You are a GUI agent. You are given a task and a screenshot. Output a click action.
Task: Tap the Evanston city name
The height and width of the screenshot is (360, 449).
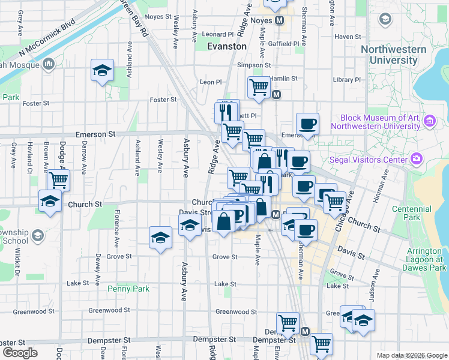click(x=226, y=46)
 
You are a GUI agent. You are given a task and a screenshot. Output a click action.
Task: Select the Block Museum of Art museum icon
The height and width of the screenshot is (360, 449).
click(x=429, y=122)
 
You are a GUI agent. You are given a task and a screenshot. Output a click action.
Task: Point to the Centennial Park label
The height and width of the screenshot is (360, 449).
click(x=407, y=213)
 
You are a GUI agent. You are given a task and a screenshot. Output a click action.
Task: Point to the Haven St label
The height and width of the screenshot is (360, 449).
click(x=348, y=37)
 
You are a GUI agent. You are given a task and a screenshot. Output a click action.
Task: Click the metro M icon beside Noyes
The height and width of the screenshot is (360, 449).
click(x=280, y=20)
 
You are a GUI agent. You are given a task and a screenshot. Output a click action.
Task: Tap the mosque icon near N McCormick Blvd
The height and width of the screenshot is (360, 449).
click(x=49, y=64)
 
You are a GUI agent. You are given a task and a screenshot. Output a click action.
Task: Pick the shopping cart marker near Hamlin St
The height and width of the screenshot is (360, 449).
click(x=259, y=87)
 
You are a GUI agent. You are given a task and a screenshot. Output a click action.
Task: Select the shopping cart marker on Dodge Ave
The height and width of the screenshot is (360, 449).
click(x=58, y=179)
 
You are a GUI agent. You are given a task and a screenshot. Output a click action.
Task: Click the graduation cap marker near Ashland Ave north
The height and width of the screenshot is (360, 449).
click(x=103, y=70)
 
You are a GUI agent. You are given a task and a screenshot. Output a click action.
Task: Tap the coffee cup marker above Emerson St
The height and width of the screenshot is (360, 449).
click(x=307, y=124)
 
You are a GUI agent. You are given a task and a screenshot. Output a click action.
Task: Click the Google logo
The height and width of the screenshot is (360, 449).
click(x=20, y=353)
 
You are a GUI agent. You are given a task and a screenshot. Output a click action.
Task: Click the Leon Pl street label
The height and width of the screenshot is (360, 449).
click(x=211, y=82)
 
